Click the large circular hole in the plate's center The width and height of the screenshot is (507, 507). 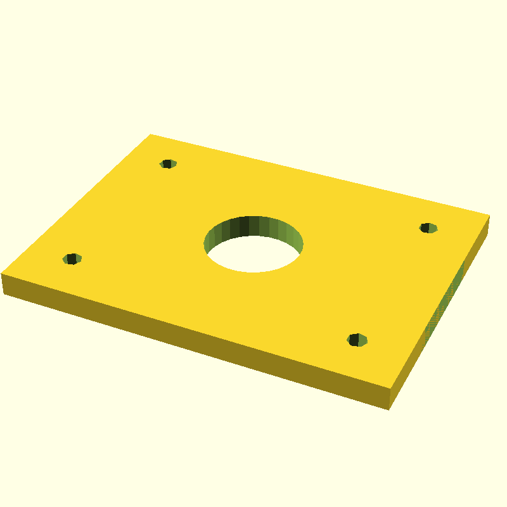253,245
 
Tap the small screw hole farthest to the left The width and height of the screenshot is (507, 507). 72,259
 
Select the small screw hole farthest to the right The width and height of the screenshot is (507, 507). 428,228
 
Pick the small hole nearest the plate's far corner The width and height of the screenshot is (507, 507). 167,164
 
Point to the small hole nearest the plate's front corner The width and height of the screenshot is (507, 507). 357,340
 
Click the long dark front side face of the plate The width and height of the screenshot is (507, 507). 190,342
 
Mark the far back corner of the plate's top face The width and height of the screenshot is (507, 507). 150,134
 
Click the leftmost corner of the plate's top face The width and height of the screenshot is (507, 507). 2,273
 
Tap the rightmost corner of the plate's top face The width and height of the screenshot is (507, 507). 489,215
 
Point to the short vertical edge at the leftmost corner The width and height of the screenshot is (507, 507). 3,284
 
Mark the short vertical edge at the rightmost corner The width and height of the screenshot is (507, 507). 488,226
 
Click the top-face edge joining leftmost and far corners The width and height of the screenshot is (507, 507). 76,203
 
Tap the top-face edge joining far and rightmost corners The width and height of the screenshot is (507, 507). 319,175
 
